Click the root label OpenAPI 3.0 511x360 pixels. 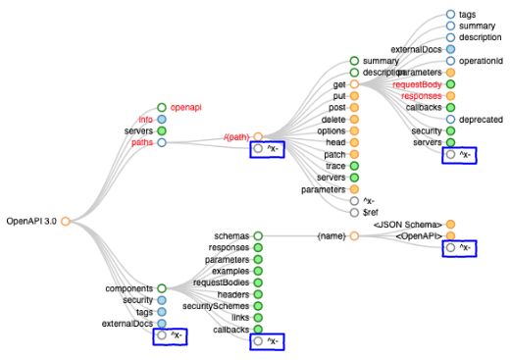coord(30,222)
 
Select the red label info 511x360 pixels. coord(146,119)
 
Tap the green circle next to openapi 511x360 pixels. coord(162,107)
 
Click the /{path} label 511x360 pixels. coord(236,136)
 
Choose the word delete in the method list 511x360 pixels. coord(333,119)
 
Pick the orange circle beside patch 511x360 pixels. coord(354,154)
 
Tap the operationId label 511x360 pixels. coord(481,61)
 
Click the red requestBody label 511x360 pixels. coord(418,84)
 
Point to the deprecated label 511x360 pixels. coord(482,119)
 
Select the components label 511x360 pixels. coord(129,288)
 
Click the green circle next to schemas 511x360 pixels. coord(258,236)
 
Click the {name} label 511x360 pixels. coord(332,236)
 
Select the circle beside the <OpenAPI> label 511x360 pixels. coord(450,236)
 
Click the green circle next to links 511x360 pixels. coord(258,318)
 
